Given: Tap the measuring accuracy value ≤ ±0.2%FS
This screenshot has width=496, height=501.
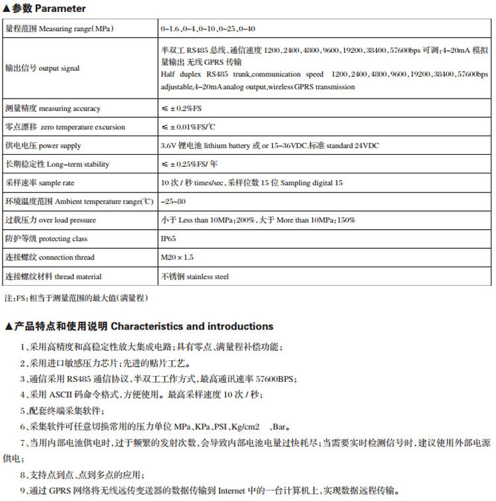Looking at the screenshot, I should coord(186,109).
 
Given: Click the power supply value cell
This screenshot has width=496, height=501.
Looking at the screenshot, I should coord(269,146).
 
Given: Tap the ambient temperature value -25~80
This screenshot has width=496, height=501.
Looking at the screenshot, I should coord(173,201).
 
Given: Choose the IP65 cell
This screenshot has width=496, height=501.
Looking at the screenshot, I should coord(169,239).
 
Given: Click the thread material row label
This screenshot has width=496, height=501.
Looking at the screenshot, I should coord(53,276).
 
